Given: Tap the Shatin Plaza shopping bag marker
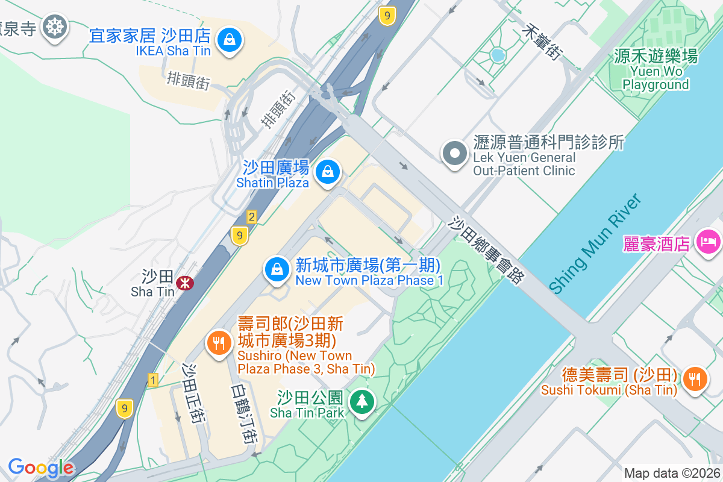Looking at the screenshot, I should click(x=327, y=172).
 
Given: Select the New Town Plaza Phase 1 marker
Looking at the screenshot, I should click(x=277, y=269).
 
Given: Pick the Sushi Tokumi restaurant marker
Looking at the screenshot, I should click(x=695, y=378).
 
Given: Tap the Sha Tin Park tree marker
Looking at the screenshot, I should click(x=362, y=401).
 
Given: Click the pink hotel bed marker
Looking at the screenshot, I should click(x=709, y=242).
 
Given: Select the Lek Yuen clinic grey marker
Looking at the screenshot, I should click(x=455, y=153).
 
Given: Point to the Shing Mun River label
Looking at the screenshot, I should click(x=594, y=243).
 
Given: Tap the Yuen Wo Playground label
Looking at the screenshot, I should click(x=656, y=70).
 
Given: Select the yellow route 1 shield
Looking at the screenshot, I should click(x=153, y=380).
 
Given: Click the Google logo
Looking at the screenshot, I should click(x=41, y=468).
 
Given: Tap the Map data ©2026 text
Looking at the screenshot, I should click(x=671, y=474).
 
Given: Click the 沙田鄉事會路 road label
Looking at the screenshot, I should click(x=487, y=248).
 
